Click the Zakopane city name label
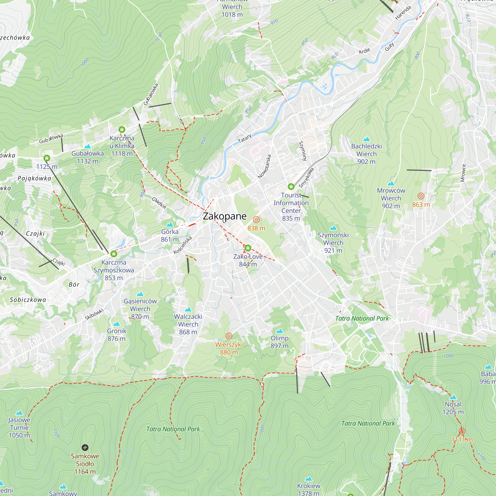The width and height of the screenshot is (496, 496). click(x=225, y=216)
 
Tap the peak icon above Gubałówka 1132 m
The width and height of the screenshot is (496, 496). click(x=88, y=146)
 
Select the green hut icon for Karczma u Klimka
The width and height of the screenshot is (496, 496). click(x=122, y=129)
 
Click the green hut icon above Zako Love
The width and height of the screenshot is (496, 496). click(x=248, y=248)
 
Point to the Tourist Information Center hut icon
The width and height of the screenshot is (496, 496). click(x=291, y=186)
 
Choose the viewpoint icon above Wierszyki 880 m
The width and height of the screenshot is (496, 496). click(x=229, y=336)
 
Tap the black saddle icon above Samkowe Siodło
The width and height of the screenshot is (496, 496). click(x=85, y=448)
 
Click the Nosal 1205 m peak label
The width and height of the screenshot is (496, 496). click(x=453, y=408)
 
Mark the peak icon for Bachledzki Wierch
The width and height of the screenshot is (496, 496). click(x=367, y=139)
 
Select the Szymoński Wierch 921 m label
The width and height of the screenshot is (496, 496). click(x=333, y=243)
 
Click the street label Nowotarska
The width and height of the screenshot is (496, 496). click(x=265, y=166)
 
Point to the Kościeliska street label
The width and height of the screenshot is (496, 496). click(x=183, y=245)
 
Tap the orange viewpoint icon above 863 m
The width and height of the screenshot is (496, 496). click(x=421, y=196)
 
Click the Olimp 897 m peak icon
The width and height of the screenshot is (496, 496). click(x=279, y=331)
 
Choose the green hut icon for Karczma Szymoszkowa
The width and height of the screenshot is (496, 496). click(x=114, y=254)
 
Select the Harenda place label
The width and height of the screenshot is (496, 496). click(x=403, y=13)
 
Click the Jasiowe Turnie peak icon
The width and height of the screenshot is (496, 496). click(x=19, y=413)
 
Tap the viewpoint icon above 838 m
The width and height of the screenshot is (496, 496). click(x=256, y=219)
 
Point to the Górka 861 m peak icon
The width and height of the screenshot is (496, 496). click(x=170, y=225)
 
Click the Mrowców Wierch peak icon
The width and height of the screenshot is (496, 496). click(x=391, y=183)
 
